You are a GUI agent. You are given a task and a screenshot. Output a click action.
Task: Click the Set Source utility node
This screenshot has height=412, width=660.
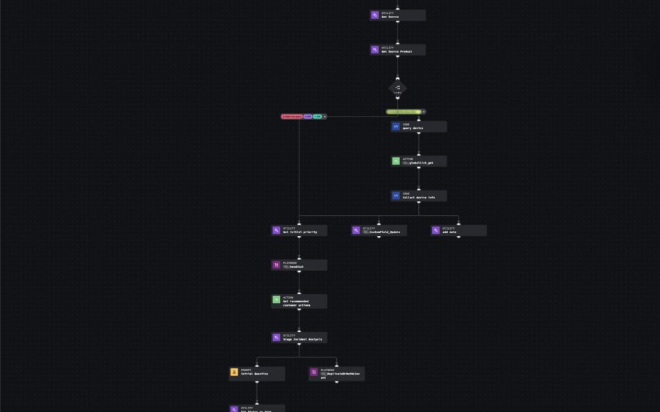[397, 15]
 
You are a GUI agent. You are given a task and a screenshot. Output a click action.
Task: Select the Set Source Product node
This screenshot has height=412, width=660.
[397, 50]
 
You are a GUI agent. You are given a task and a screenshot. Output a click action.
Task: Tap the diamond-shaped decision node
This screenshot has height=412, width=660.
[397, 89]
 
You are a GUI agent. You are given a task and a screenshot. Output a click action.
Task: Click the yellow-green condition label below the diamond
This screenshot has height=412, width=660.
[404, 112]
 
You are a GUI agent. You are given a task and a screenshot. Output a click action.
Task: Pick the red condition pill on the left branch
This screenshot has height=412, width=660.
[292, 117]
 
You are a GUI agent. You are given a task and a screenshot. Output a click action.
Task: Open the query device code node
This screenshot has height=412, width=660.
[418, 126]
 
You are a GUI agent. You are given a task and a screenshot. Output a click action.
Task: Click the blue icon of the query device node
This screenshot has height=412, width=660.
[396, 126]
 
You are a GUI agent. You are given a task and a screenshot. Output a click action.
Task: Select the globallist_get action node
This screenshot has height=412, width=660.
[418, 161]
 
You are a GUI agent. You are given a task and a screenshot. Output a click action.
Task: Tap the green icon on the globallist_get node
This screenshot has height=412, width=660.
[396, 161]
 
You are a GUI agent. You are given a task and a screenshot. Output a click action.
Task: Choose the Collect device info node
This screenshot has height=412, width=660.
[418, 196]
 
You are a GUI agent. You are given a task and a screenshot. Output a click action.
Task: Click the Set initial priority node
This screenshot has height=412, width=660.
[299, 230]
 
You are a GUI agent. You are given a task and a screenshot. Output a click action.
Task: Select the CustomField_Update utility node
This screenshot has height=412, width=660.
[379, 230]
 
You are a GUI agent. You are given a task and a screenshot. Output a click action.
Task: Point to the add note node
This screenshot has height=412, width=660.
[459, 230]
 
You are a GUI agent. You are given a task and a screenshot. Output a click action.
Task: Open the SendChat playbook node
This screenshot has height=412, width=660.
[299, 265]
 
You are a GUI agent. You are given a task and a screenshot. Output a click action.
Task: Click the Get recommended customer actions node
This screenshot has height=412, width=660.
[299, 301]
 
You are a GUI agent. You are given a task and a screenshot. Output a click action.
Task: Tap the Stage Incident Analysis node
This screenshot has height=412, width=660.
[299, 338]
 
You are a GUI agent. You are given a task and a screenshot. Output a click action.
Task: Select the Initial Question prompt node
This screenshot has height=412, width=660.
[257, 372]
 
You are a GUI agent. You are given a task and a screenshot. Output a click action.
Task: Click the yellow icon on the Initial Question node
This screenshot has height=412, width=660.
[234, 372]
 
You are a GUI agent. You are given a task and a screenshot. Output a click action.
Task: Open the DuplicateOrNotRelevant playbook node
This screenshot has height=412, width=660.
[337, 374]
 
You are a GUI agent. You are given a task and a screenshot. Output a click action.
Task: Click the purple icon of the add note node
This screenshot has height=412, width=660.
[436, 230]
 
